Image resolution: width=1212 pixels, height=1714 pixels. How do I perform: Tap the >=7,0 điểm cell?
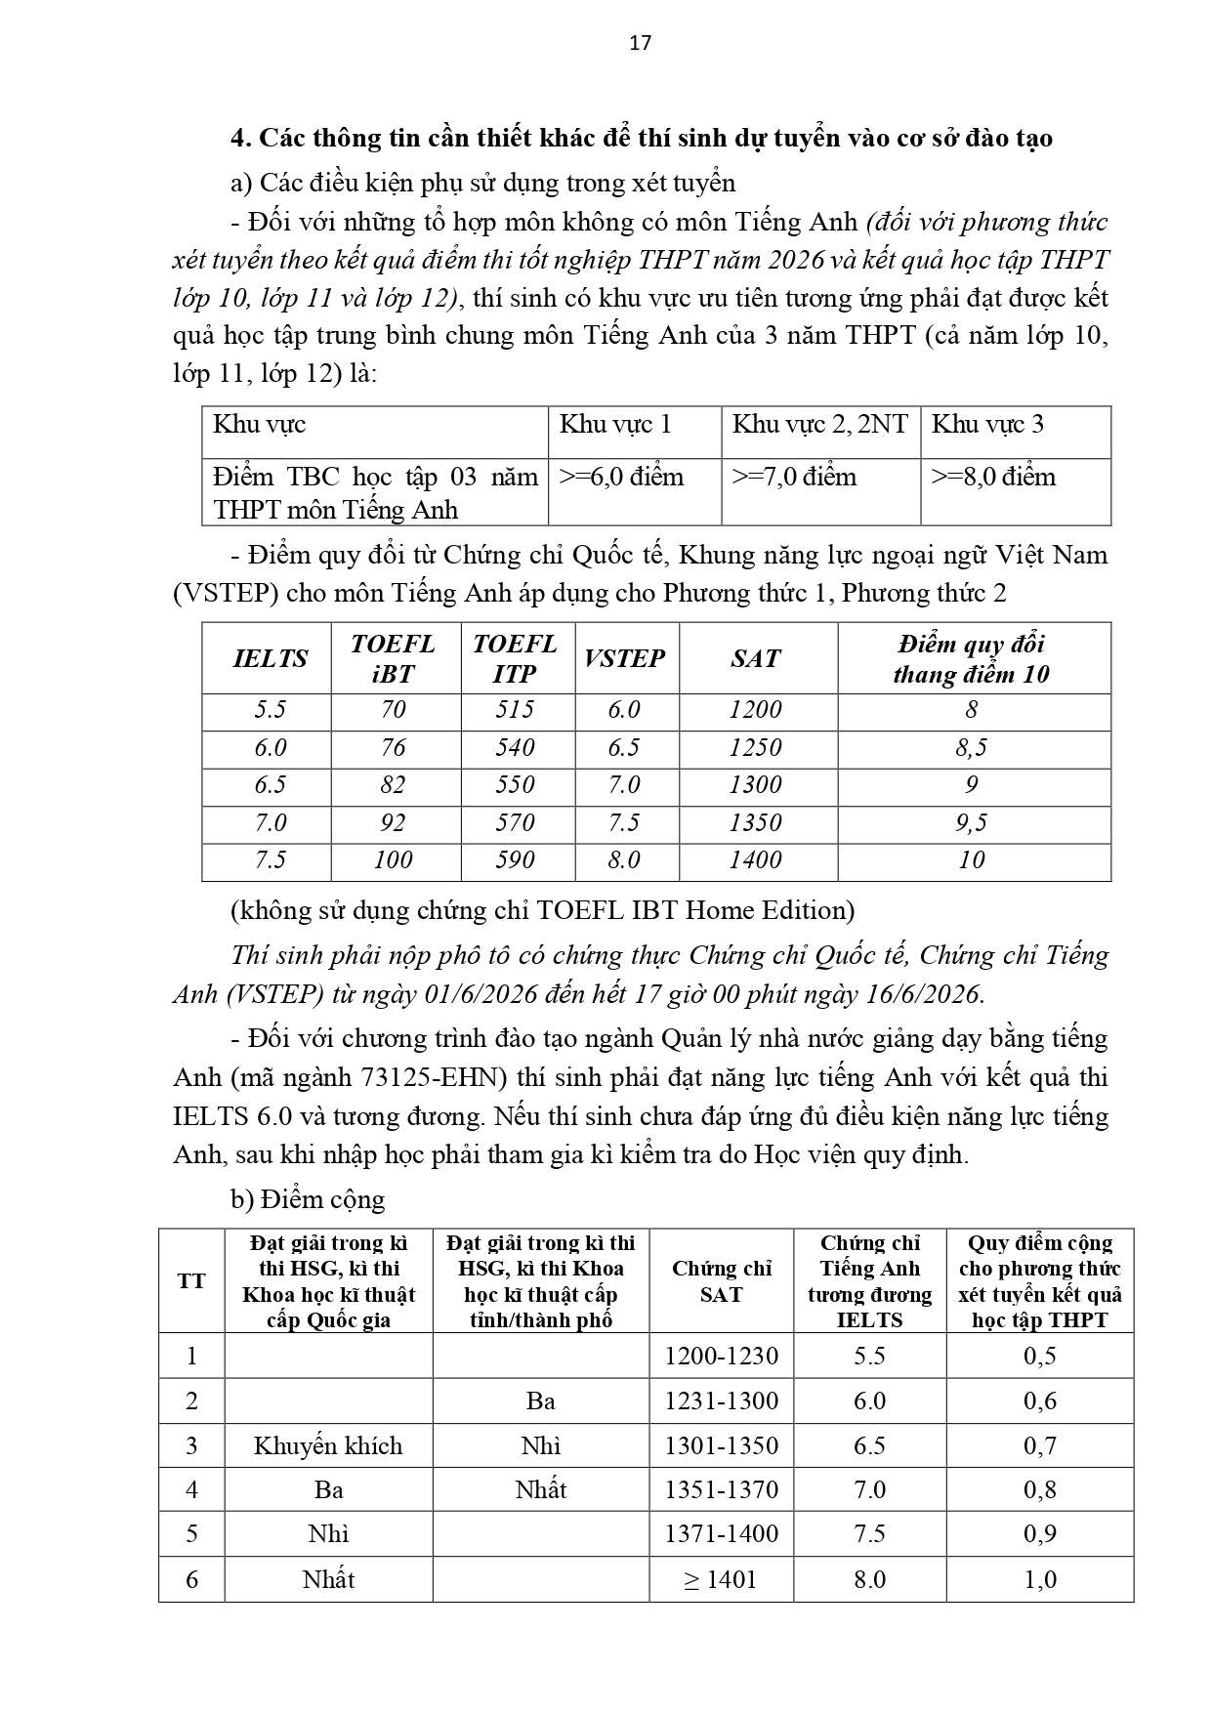point(794,478)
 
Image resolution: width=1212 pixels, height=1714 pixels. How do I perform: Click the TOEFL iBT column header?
point(393,658)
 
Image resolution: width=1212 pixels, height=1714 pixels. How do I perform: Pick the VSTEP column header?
point(624,658)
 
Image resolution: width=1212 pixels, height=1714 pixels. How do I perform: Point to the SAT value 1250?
point(755,748)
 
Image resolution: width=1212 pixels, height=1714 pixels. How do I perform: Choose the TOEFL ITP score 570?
point(515,823)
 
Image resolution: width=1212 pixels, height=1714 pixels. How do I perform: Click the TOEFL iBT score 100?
point(393,860)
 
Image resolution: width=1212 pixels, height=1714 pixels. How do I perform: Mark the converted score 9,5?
point(972,823)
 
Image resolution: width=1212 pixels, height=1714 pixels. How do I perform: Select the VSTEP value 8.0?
point(624,860)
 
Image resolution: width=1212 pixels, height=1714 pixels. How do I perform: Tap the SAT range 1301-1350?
point(722,1445)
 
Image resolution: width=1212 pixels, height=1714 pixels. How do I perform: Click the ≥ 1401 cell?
point(721,1579)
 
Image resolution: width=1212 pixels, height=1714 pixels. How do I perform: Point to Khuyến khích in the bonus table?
point(328,1445)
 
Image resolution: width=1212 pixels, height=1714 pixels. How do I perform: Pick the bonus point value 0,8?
point(1040,1490)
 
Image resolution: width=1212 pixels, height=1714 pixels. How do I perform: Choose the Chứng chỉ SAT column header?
point(722,1281)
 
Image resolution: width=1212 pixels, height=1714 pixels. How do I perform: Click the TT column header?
point(191,1281)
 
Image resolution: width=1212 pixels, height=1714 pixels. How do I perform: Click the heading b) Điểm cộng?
point(308,1199)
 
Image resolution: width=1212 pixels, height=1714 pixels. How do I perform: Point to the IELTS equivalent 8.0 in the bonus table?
point(869,1579)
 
